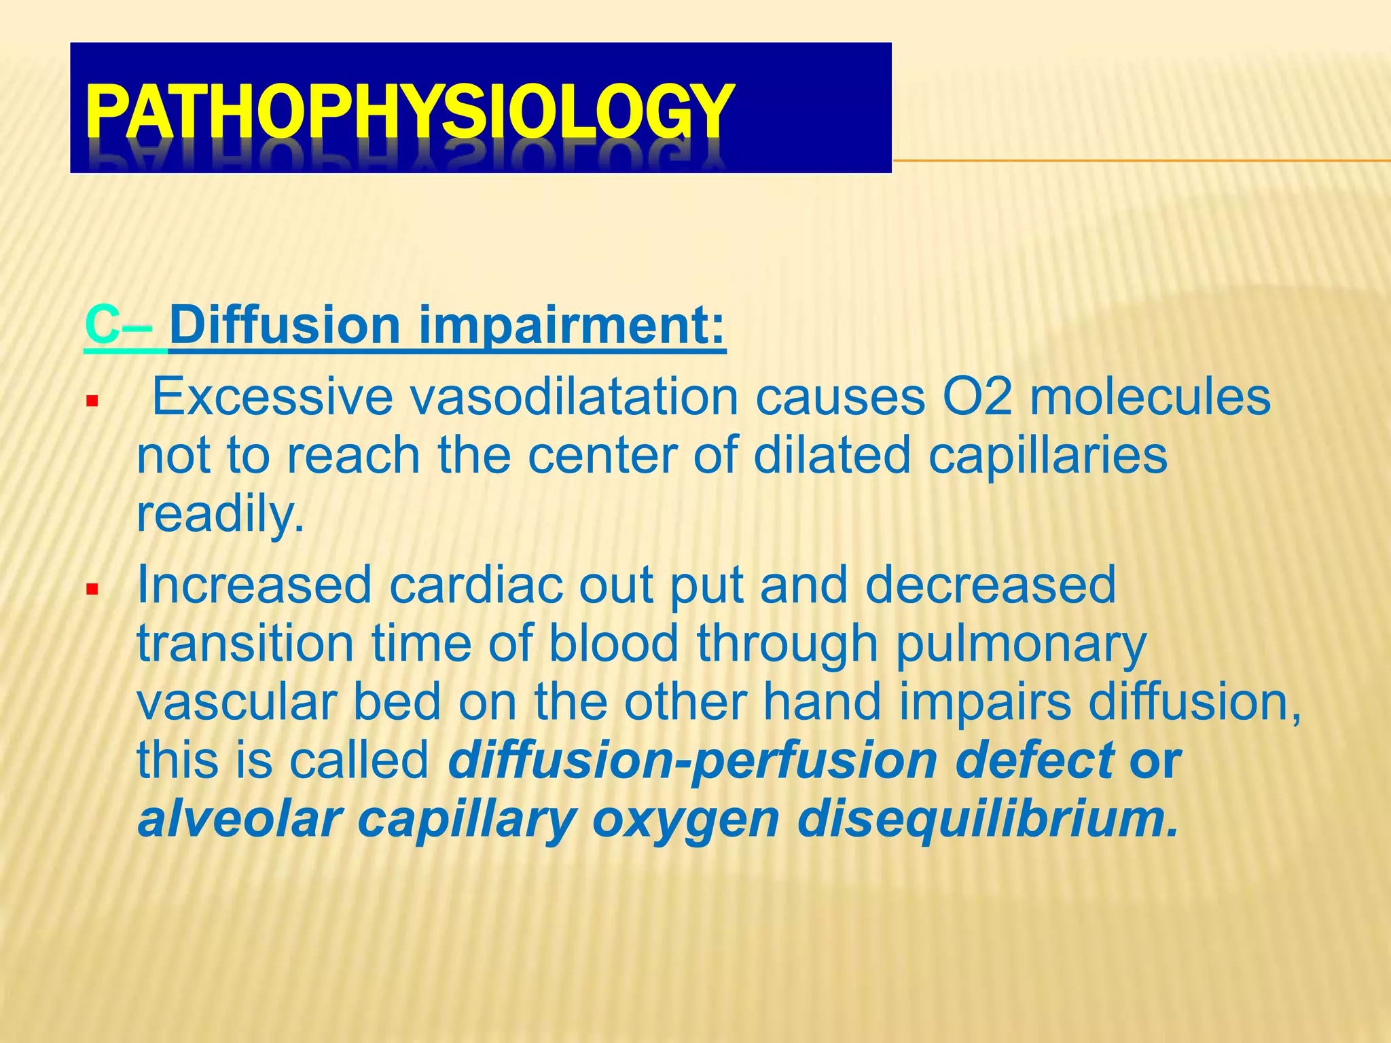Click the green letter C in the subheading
coord(102,326)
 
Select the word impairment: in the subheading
coord(572,326)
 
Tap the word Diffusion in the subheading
coord(285,326)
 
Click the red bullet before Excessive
coord(92,402)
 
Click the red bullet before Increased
coord(92,589)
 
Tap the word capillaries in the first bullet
coord(1047,456)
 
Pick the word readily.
coord(220,514)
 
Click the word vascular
coord(236,702)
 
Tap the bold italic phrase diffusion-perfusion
coord(693,761)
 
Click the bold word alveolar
coord(238,820)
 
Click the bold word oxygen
coord(686,820)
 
